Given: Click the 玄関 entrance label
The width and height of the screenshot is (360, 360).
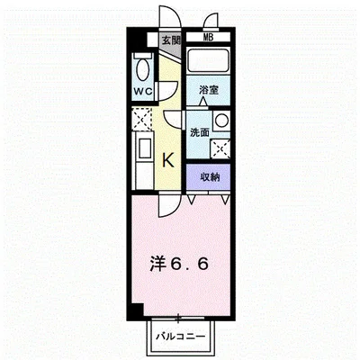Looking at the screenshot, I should tap(171, 40).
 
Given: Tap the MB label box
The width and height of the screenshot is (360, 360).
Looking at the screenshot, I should tap(209, 37).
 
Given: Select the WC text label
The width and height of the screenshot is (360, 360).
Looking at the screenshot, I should tap(143, 92).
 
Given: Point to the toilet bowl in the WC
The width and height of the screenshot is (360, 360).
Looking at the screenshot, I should tap(142, 68).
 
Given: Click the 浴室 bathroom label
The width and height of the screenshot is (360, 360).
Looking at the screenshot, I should tap(209, 90).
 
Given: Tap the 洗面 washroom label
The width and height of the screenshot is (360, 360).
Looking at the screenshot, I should tap(199, 132).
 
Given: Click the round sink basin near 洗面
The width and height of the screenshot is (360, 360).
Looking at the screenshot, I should tap(221, 120).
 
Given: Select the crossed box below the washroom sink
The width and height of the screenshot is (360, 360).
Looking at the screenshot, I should tap(221, 148).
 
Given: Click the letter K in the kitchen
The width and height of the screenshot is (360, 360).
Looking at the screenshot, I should tap(167, 160).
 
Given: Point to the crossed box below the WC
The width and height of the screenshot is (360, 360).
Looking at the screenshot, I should tap(142, 118).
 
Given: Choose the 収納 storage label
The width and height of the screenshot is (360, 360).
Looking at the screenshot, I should tap(209, 175).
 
